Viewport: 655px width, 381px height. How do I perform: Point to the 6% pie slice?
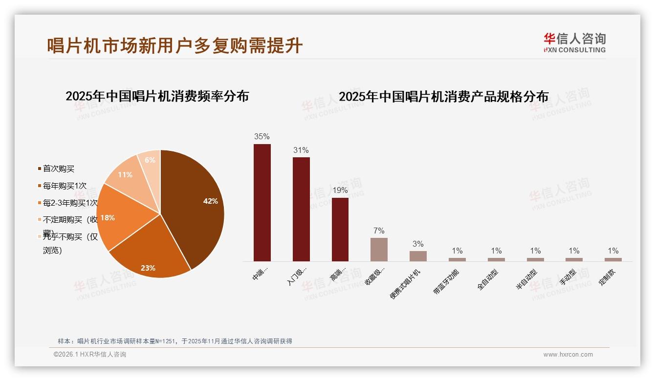point(150,161)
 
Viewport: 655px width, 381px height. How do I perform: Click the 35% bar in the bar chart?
point(262,203)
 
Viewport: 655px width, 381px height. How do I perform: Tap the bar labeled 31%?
point(301,209)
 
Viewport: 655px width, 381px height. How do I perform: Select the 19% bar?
point(340,230)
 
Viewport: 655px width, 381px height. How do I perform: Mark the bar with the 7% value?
point(379,250)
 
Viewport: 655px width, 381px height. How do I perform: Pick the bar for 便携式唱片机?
point(418,256)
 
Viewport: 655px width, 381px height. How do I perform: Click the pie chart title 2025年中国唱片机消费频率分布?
point(157,96)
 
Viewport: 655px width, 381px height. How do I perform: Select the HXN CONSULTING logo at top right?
point(574,42)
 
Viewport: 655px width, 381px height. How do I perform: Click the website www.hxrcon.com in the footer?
point(568,355)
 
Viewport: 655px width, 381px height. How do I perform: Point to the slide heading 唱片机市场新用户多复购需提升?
point(175,45)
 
